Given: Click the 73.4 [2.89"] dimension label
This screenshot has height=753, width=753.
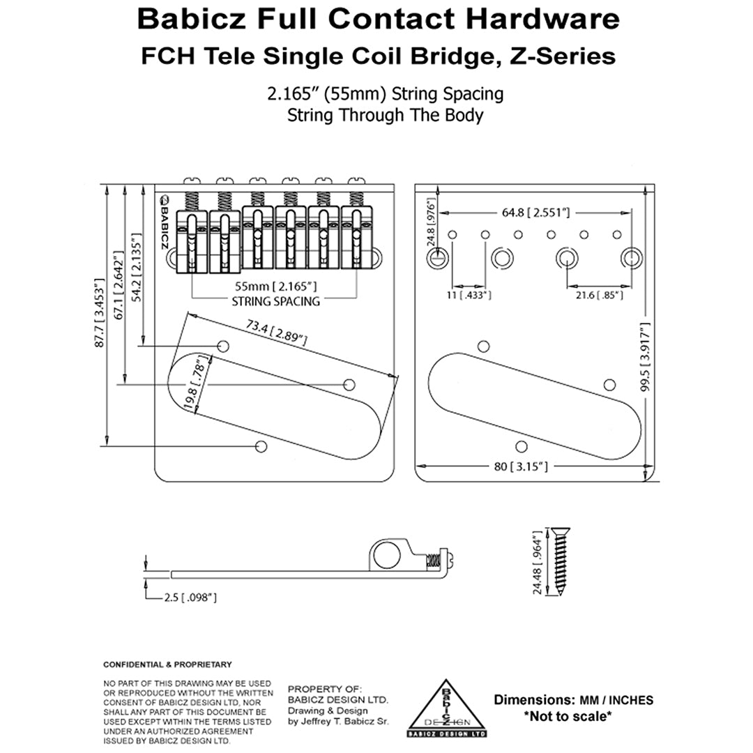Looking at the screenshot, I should (277, 330).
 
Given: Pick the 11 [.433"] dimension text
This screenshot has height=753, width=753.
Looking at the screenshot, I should (469, 295).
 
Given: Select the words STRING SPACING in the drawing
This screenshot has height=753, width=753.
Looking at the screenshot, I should (275, 301).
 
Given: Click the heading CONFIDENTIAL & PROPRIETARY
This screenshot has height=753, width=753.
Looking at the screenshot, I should (167, 664).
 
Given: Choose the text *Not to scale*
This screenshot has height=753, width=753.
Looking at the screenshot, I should (568, 716).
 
